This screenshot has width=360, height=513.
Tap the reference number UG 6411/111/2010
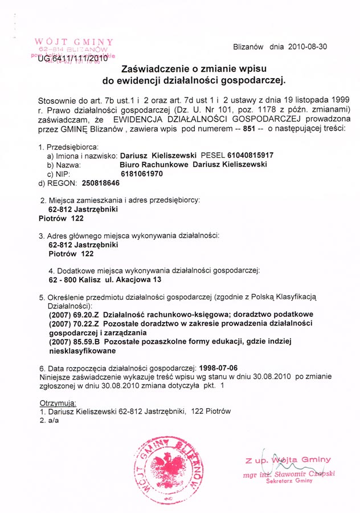(72, 58)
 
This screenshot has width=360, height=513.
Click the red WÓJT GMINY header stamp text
(74, 42)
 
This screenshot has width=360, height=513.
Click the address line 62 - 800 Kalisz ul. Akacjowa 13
(105, 280)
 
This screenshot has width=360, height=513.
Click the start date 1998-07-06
(217, 368)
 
